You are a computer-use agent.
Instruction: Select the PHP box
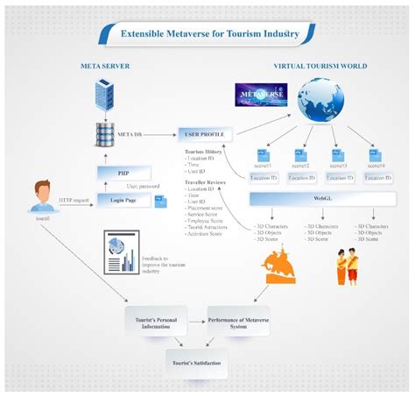123,174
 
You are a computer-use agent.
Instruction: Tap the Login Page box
123,201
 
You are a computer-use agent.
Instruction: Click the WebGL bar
320,199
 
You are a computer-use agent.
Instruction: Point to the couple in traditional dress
348,266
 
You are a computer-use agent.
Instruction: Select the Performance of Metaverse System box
238,320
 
